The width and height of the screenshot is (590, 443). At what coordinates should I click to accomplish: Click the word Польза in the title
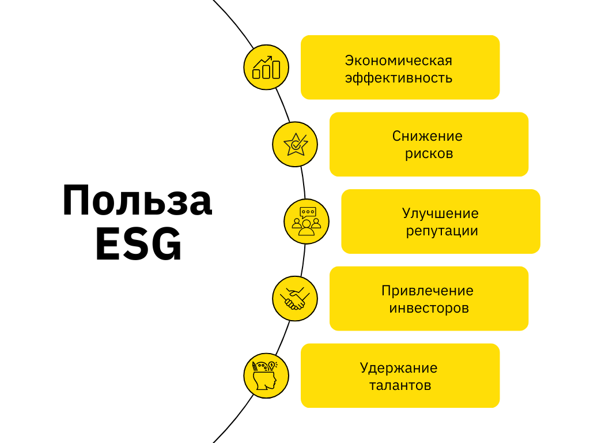click(x=137, y=201)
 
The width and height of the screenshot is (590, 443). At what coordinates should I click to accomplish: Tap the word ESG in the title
click(x=138, y=245)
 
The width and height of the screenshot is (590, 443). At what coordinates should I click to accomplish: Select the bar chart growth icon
click(x=266, y=67)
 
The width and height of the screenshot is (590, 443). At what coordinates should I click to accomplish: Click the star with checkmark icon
click(x=295, y=144)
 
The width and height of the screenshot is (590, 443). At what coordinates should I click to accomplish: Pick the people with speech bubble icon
click(x=307, y=221)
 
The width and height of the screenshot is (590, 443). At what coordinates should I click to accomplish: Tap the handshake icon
click(x=295, y=299)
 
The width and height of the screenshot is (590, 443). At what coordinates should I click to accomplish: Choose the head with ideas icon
click(x=266, y=376)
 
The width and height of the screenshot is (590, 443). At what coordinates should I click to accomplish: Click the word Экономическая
click(x=399, y=61)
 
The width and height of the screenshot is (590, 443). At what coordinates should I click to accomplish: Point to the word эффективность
click(x=399, y=78)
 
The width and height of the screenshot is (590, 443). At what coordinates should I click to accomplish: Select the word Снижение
click(x=428, y=137)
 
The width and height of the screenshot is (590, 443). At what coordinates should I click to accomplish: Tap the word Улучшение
click(x=440, y=213)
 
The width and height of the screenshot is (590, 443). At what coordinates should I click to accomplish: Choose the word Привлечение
click(x=428, y=290)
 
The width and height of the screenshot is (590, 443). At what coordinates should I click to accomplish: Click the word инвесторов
click(x=429, y=308)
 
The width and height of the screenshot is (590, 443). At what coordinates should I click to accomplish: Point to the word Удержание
click(x=399, y=368)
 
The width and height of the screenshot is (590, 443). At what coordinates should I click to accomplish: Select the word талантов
click(x=400, y=385)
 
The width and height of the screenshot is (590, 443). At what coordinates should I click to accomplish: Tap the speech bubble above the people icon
click(x=308, y=212)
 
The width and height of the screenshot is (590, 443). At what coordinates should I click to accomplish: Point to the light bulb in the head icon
click(x=273, y=365)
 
